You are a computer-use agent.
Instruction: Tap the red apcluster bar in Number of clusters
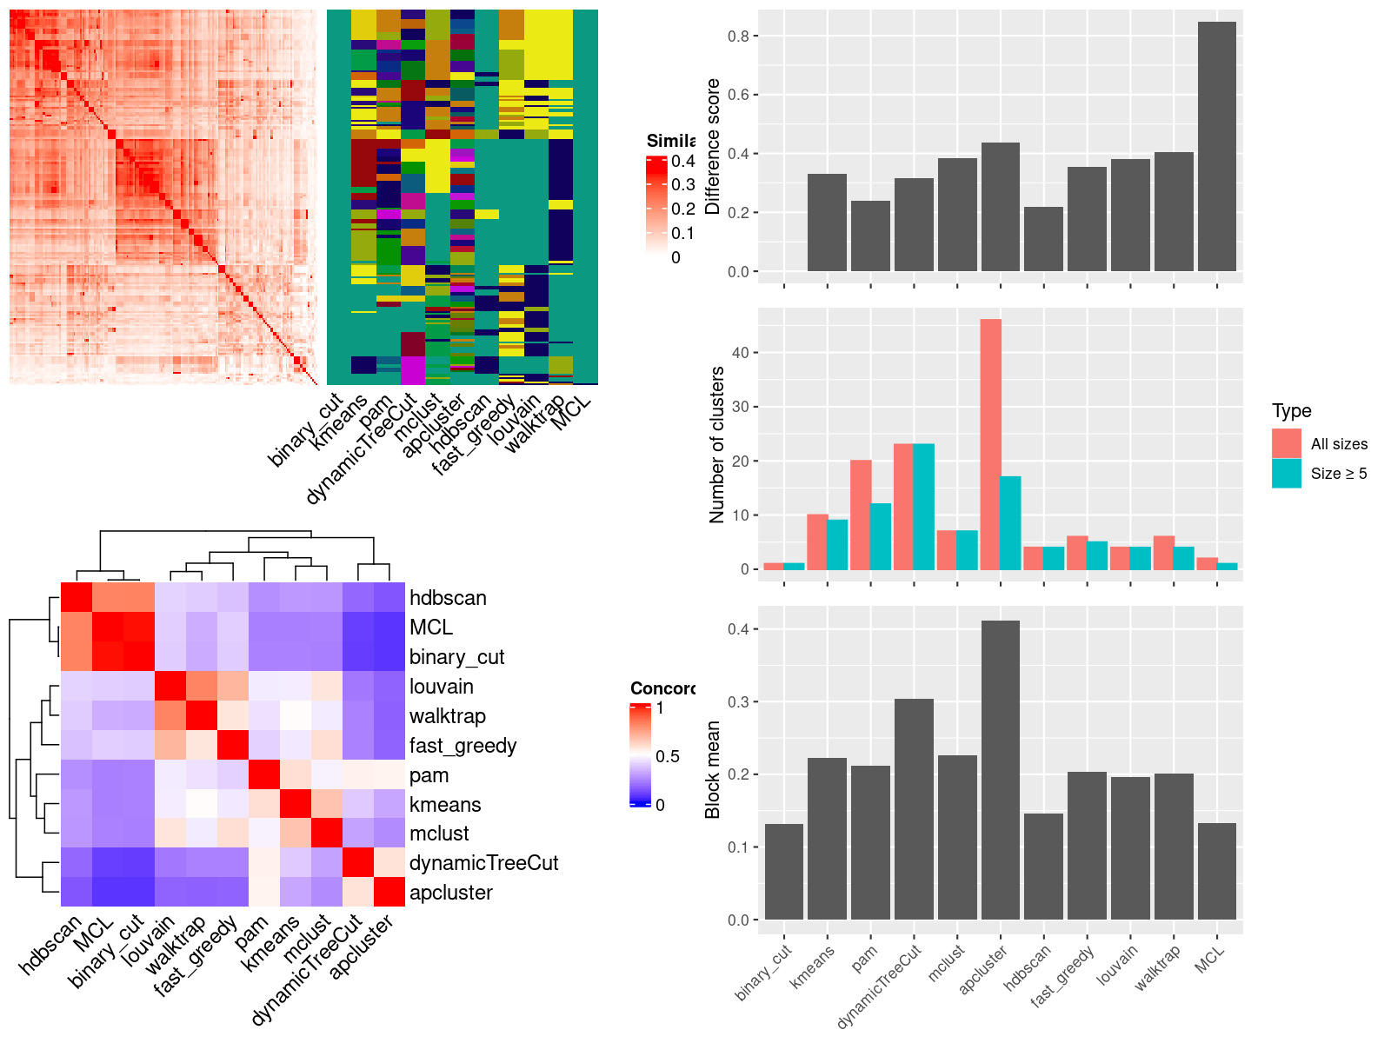(990, 444)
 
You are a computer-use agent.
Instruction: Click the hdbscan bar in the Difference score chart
(1043, 239)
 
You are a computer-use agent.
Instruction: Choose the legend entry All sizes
(1339, 444)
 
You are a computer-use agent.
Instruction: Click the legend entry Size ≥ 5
(1339, 474)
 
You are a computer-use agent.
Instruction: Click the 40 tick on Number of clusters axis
(741, 353)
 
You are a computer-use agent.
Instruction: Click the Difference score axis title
(713, 146)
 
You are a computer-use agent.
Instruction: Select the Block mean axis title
(713, 769)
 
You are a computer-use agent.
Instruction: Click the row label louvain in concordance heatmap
(442, 687)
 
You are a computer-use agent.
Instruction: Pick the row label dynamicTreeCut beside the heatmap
(483, 863)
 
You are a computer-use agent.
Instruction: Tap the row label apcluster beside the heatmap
(450, 893)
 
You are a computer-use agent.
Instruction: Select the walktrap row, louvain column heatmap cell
(170, 716)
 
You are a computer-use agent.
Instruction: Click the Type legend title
(1291, 411)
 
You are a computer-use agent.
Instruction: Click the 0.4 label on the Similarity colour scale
(683, 161)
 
